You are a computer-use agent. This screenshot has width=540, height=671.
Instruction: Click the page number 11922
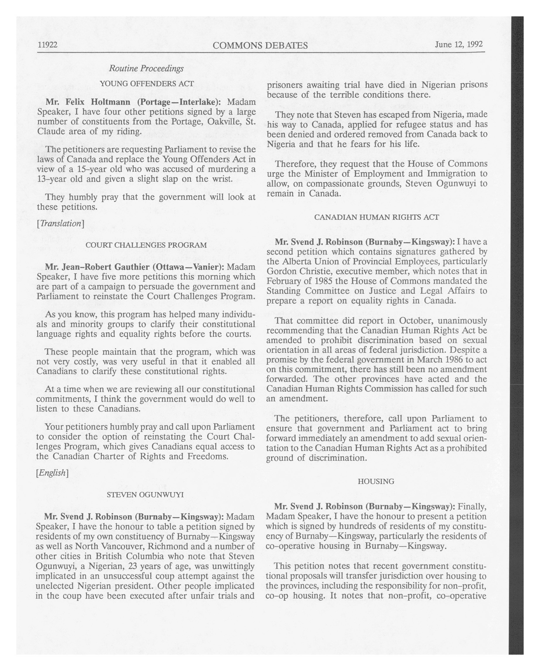pos(47,45)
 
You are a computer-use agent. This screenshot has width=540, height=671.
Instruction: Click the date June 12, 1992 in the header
pos(459,44)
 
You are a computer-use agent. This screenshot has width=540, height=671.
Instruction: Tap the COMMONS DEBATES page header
pos(260,46)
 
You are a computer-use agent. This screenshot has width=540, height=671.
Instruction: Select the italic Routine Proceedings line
pos(146,68)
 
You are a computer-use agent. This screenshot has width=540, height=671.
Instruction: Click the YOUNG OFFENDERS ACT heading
pos(147,84)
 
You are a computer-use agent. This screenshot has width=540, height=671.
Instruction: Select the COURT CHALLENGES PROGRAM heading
pos(146,245)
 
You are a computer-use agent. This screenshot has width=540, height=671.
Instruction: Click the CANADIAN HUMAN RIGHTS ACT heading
pos(377,217)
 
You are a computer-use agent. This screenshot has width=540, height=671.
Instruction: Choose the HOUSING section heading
pos(376,481)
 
